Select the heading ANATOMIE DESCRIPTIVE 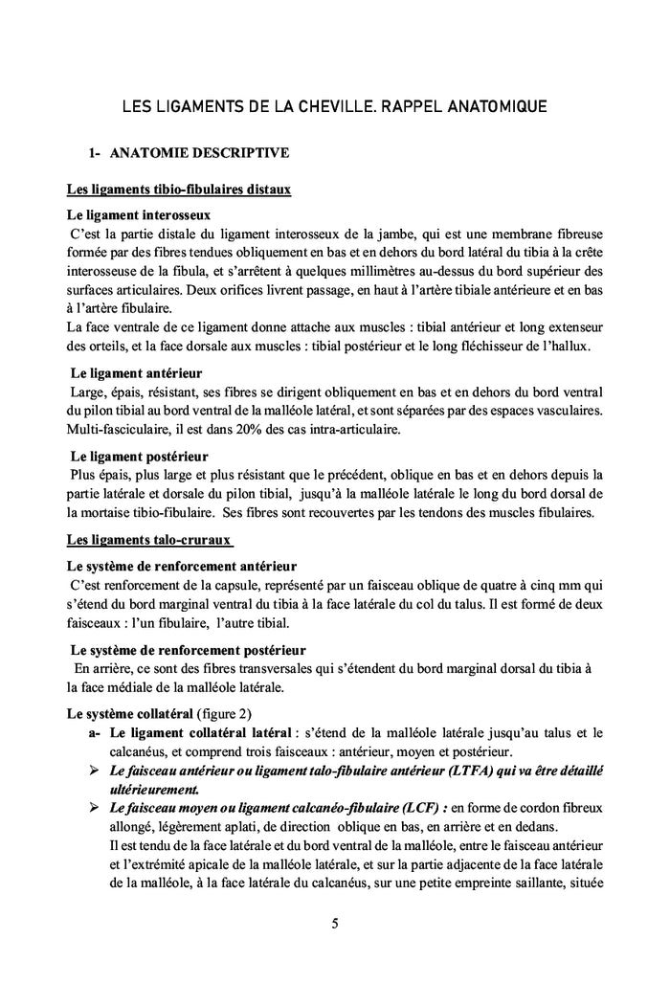coord(200,152)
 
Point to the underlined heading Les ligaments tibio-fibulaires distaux coord(179,190)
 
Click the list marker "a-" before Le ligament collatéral coord(94,733)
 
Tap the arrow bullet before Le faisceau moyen coord(94,808)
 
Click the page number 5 coord(335,924)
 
